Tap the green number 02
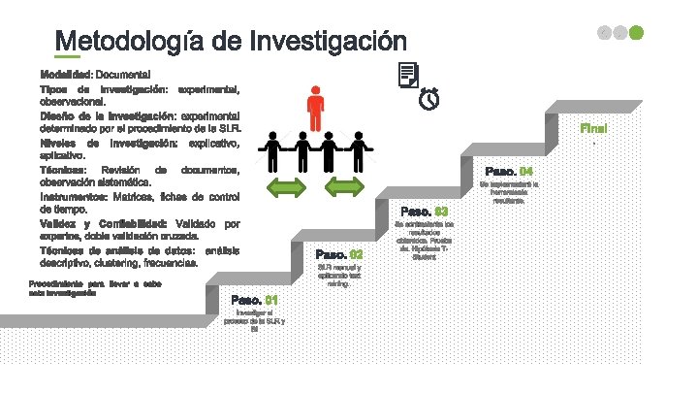coord(356,254)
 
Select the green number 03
coord(441,212)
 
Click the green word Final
coord(593,128)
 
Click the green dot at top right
coord(636,33)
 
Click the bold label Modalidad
coord(66,75)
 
